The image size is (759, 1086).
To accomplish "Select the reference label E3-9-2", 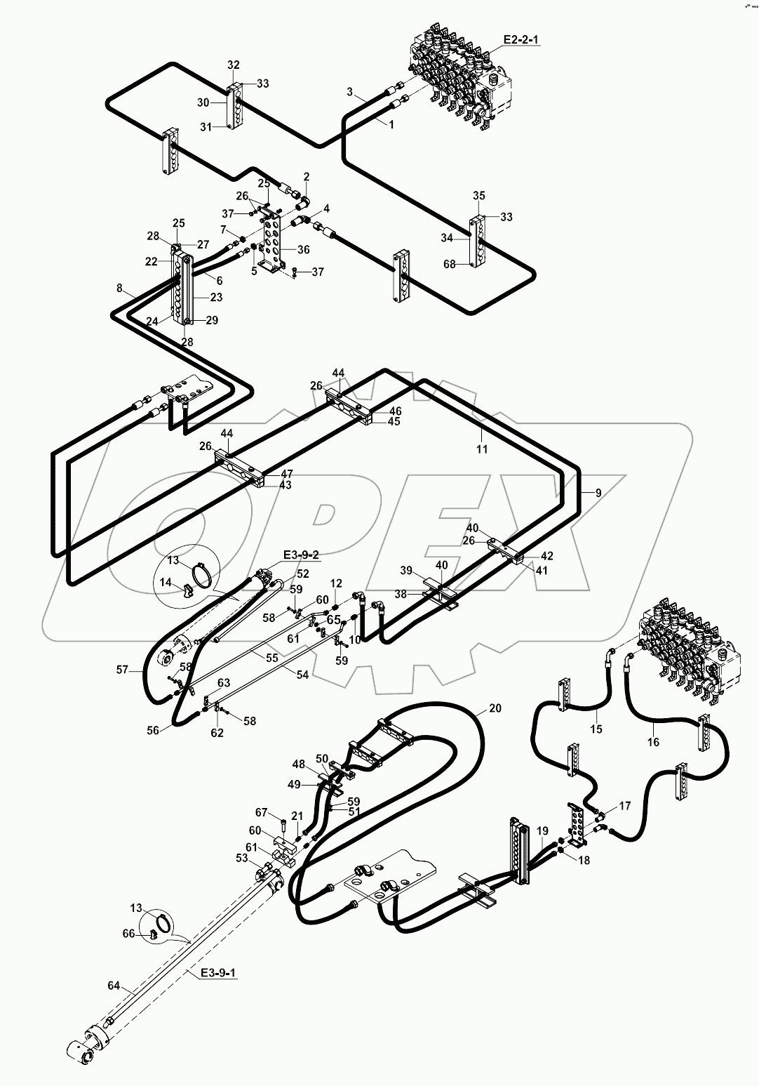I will pos(302,555).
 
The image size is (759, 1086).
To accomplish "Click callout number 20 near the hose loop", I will pos(495,708).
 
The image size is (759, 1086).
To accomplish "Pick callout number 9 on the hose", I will pos(598,493).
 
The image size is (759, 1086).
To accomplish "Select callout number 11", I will pos(482,449).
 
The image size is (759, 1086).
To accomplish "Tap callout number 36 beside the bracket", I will pos(303,249).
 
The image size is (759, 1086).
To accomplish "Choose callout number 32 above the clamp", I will pos(234,65).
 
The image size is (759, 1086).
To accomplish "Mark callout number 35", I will pos(479,195).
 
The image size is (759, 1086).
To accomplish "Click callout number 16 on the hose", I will pos(652,741).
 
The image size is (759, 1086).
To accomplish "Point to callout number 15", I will pos(596,729).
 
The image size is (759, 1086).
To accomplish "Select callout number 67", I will pos(262,812).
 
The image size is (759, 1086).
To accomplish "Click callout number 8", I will pos(119,288).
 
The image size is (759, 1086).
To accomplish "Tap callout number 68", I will pos(450,264).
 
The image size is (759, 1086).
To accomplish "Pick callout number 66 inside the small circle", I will pos(128,933).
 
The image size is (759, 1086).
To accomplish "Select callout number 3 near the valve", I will pos(349,92).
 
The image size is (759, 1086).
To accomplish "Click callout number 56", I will pos(154,730).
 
